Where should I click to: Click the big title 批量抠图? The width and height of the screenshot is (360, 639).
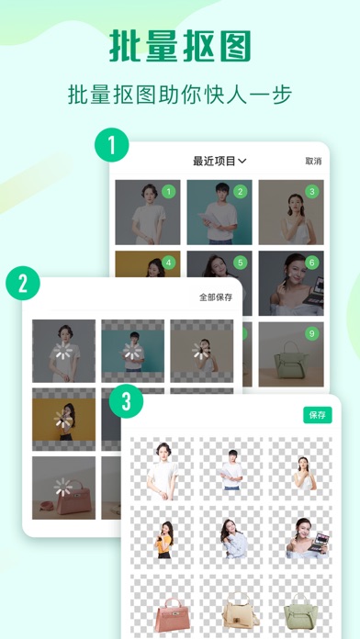[x=180, y=43]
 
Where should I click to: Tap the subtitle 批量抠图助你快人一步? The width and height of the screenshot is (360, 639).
[x=180, y=95]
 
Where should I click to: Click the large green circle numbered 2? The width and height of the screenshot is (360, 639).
[x=25, y=283]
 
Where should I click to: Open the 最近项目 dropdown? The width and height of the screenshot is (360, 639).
[x=219, y=161]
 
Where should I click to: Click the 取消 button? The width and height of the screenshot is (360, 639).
[x=313, y=161]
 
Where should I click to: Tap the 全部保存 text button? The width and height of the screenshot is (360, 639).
[x=216, y=297]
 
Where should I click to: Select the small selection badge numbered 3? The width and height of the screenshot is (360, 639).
[x=311, y=192]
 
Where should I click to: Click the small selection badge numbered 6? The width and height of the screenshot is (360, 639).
[x=311, y=263]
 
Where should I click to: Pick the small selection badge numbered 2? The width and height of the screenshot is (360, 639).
[x=240, y=192]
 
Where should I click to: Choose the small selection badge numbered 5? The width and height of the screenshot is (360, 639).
[x=240, y=263]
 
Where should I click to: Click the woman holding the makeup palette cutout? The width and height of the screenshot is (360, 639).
[x=303, y=540]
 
